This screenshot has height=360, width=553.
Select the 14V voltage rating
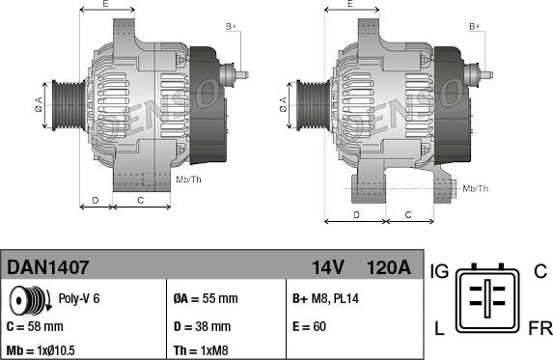[x=327, y=266]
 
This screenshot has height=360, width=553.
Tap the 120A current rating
[x=388, y=266]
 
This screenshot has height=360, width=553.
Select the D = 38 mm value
[x=202, y=326]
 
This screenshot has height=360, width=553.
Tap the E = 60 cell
[x=308, y=326]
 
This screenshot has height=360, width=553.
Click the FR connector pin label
[x=539, y=329]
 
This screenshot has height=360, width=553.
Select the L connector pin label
[x=439, y=329]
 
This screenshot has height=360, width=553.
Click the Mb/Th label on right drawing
[x=475, y=188]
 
